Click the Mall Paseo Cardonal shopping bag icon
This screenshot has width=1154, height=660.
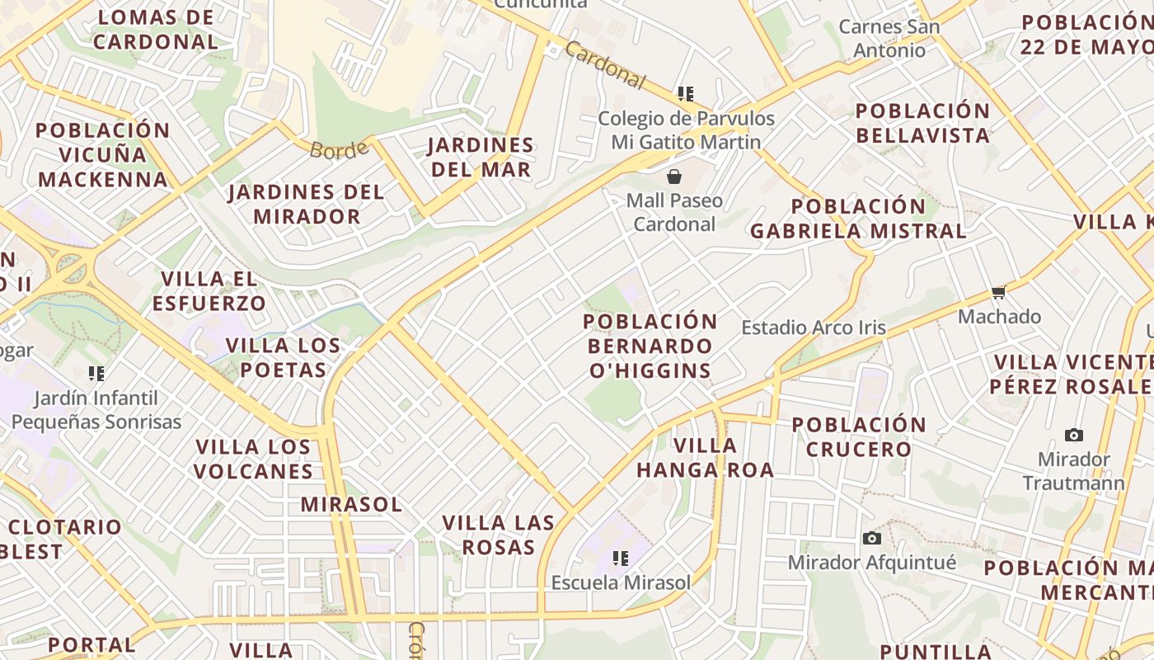coord(674,177)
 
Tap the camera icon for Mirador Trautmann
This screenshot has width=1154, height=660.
coord(1073,435)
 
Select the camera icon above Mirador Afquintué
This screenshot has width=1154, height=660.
coord(871,539)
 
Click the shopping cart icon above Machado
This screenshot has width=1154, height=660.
coord(999,292)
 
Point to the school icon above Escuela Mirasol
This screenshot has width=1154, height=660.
coord(621,559)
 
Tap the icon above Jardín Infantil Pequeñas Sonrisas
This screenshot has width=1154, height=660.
coord(96,374)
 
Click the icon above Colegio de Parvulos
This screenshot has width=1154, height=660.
coord(685,94)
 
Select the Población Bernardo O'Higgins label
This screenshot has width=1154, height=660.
coord(650,346)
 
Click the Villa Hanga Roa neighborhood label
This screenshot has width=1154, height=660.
coord(705,458)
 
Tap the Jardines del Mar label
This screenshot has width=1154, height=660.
coord(479,158)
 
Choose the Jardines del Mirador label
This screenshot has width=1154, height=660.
coord(307,205)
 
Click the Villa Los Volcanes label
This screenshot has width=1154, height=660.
coord(254,460)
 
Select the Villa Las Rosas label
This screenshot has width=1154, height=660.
coord(498,535)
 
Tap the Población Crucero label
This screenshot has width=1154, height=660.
coord(859,437)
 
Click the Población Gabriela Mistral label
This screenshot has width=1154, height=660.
coord(858,219)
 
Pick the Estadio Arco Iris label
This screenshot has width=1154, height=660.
coord(814,328)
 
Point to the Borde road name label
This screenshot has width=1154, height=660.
coord(339,150)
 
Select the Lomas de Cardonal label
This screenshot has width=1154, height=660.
coord(156,29)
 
